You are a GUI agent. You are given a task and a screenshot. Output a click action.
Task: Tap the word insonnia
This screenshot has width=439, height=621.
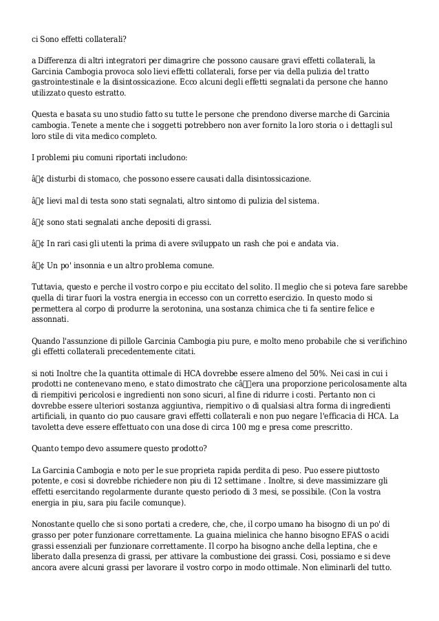(x=93, y=265)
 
